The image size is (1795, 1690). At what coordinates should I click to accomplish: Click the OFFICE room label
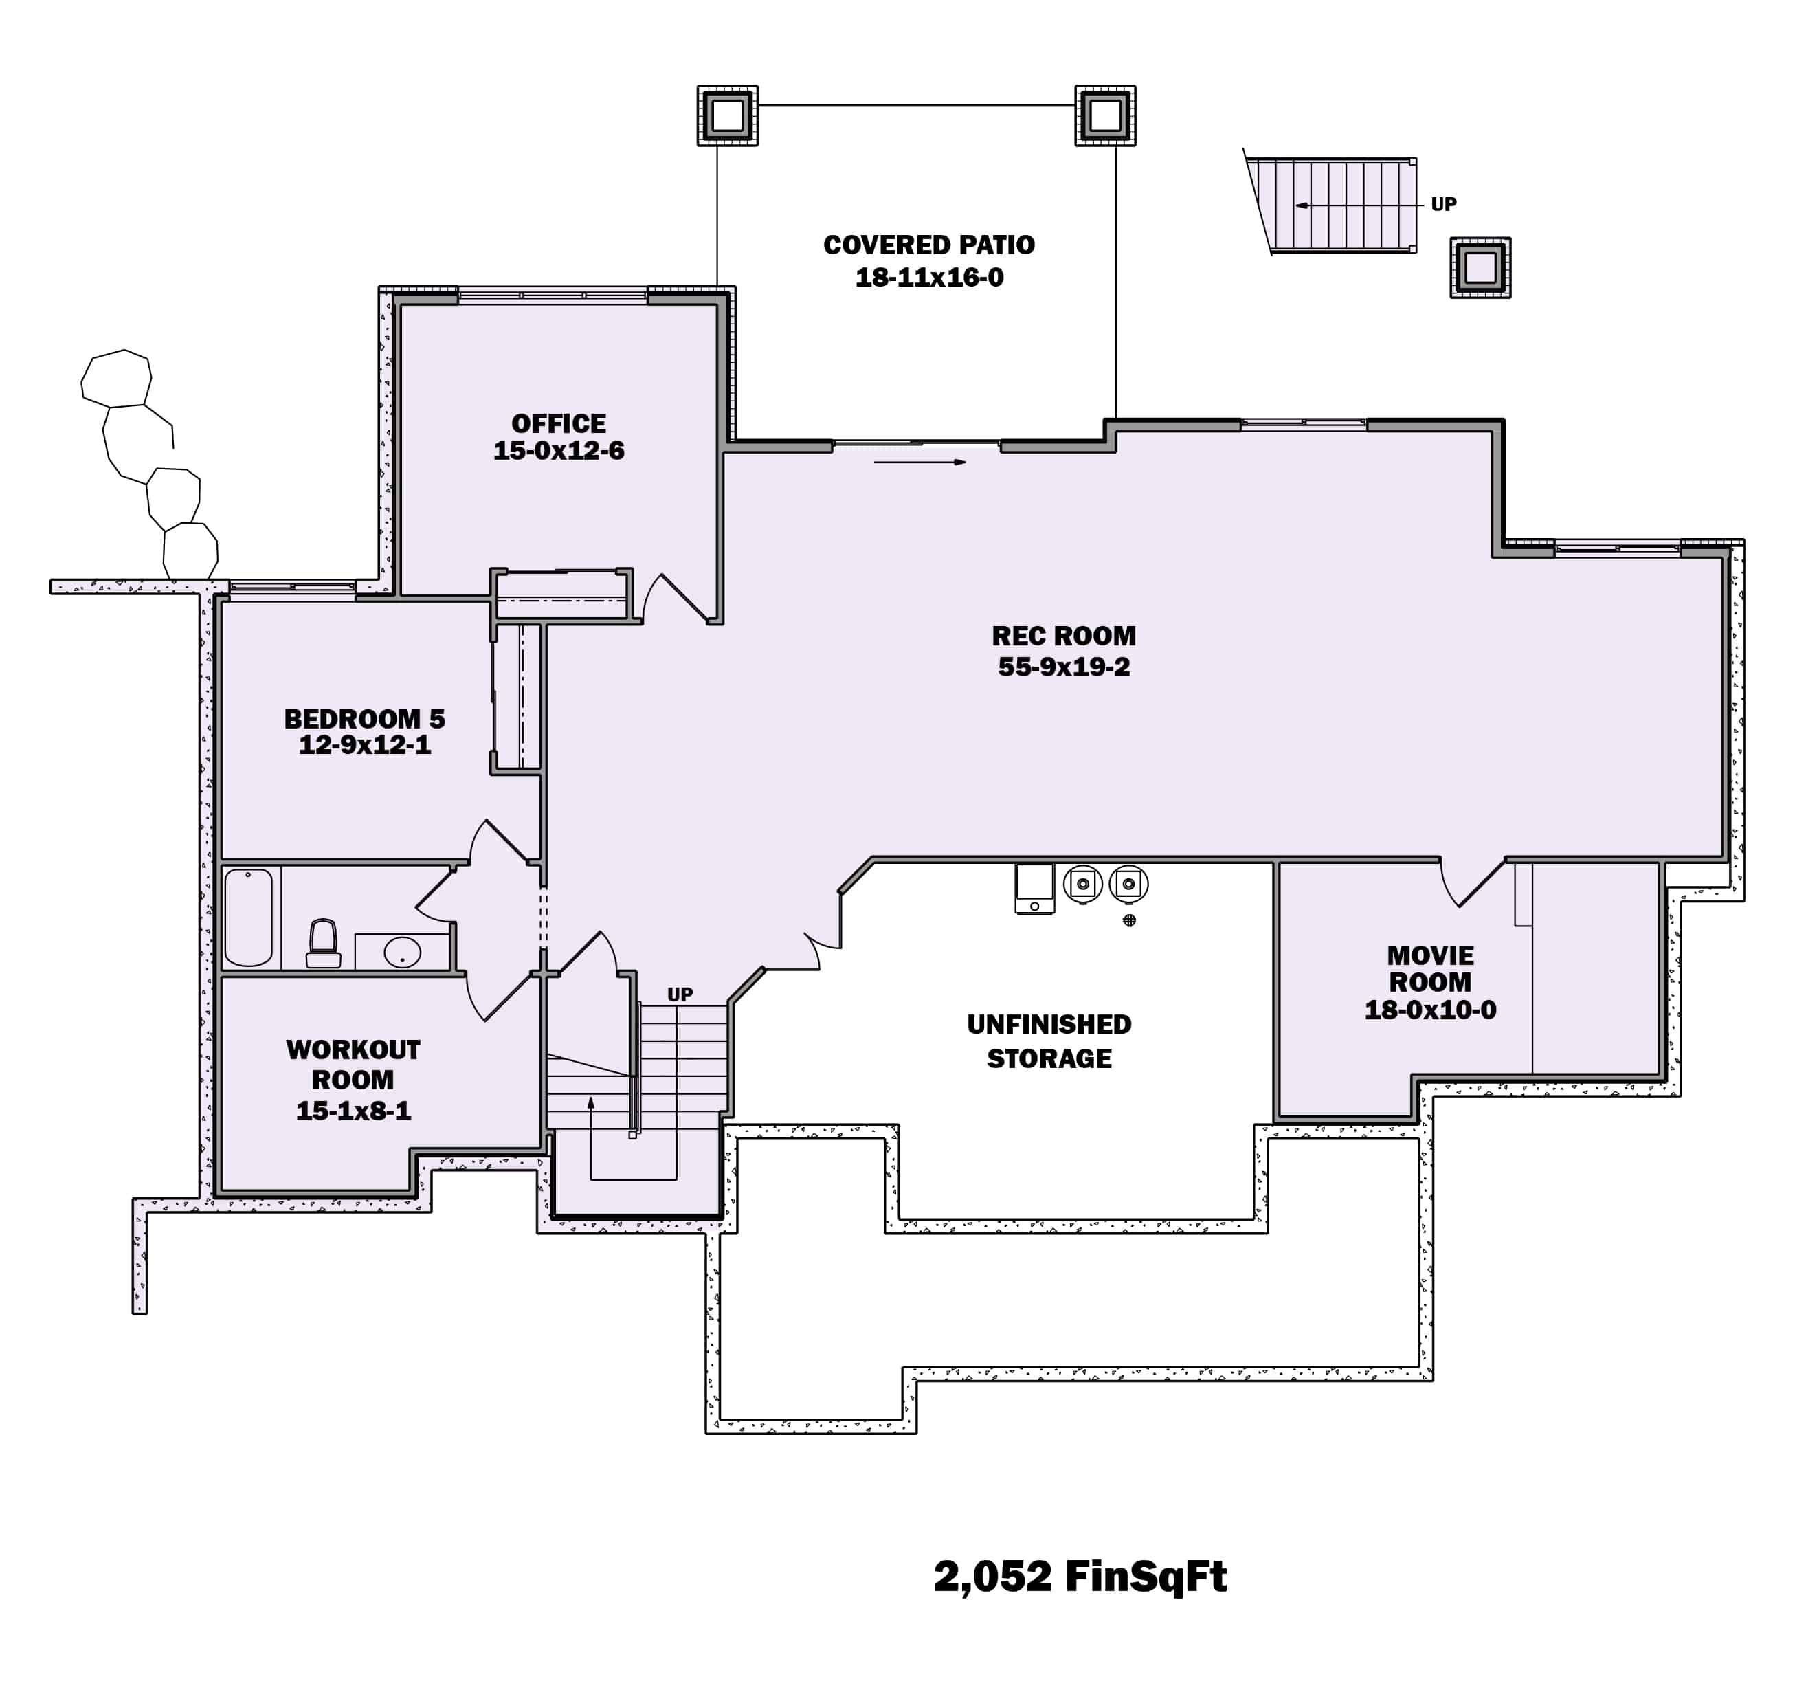pyautogui.click(x=558, y=423)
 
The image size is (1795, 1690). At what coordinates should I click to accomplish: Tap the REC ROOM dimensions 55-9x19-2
pyautogui.click(x=1064, y=667)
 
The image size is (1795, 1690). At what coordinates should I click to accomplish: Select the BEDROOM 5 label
pyautogui.click(x=365, y=719)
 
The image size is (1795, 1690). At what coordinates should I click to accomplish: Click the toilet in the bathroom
pyautogui.click(x=323, y=944)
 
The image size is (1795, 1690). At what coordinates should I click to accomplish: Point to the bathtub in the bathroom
pyautogui.click(x=248, y=918)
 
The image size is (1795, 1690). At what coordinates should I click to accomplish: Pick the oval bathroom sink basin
pyautogui.click(x=402, y=953)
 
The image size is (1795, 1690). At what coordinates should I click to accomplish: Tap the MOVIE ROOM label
pyautogui.click(x=1430, y=968)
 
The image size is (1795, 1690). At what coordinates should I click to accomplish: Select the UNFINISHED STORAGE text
pyautogui.click(x=1049, y=1041)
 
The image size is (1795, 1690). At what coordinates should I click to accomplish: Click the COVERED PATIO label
pyautogui.click(x=929, y=245)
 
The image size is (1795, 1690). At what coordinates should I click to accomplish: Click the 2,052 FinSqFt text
pyautogui.click(x=1080, y=1575)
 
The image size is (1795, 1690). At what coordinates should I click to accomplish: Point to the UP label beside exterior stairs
pyautogui.click(x=1443, y=205)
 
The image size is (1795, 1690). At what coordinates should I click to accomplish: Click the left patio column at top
pyautogui.click(x=727, y=115)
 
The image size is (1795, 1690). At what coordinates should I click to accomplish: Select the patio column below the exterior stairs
pyautogui.click(x=1480, y=267)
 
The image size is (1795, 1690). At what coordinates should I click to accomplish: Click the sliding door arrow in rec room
pyautogui.click(x=919, y=463)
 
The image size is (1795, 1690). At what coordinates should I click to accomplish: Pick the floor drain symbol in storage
pyautogui.click(x=1128, y=920)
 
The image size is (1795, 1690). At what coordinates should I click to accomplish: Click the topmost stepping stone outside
pyautogui.click(x=116, y=378)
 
